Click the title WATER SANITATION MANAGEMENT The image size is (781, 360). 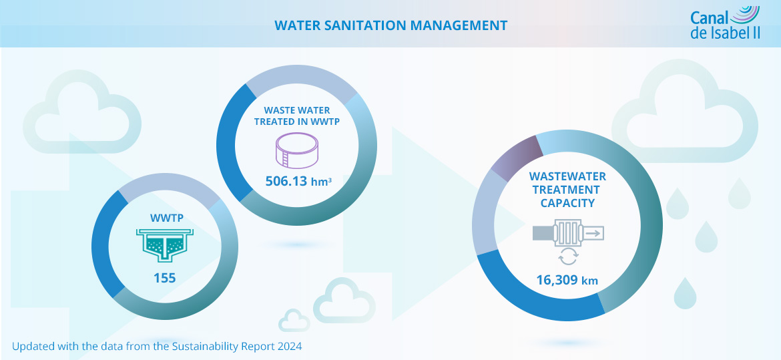coord(390,25)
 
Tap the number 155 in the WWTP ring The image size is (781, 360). coord(164,278)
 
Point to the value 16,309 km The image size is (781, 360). coord(567,281)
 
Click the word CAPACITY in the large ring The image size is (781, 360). coord(567,203)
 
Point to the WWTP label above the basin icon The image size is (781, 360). coord(164,218)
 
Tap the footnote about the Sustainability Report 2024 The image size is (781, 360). coord(157,347)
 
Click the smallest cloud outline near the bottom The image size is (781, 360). coord(294,321)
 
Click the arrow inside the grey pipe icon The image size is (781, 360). coord(593,232)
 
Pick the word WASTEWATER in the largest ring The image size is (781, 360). coord(567,177)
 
